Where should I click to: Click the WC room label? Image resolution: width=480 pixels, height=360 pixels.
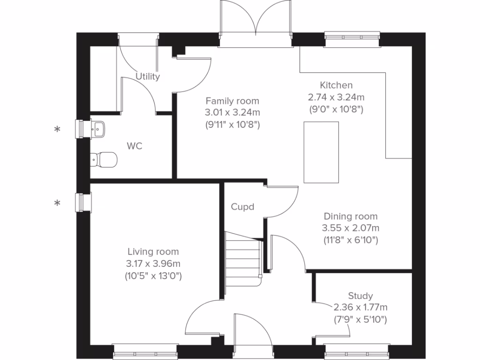134,146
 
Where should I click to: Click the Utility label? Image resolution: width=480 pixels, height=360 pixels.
148,76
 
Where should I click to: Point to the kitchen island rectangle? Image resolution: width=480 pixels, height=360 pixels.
321,152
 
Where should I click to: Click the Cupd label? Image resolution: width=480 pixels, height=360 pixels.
242,207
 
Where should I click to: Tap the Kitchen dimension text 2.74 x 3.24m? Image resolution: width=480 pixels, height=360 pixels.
336,97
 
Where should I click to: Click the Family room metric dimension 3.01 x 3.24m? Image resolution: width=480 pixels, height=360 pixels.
232,113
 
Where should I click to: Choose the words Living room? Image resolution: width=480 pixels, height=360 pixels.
153,252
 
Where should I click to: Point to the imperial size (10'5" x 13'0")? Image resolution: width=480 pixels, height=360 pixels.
153,276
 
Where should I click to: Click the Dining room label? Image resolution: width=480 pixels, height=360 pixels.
351,217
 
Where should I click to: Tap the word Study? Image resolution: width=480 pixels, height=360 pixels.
360,296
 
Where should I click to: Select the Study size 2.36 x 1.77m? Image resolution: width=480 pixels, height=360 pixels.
360,307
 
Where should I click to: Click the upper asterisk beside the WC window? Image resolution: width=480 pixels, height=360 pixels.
57,130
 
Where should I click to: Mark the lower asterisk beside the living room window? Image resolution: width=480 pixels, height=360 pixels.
57,203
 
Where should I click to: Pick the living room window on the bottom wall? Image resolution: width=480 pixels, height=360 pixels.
145,352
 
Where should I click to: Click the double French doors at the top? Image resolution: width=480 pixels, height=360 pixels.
255,28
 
